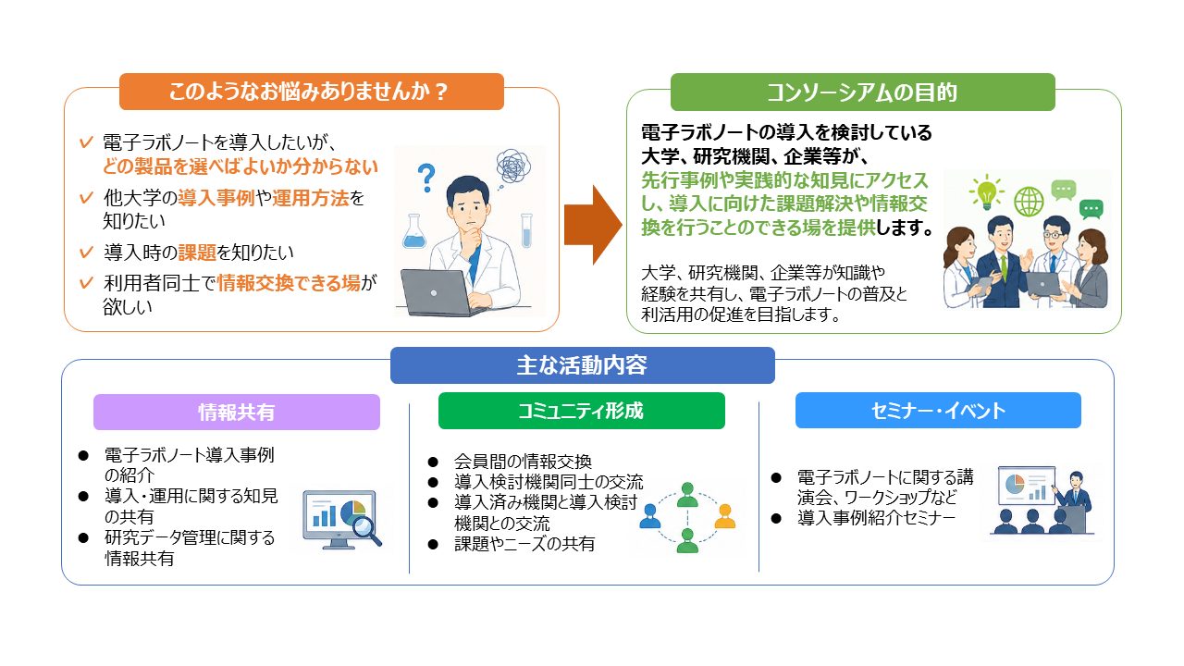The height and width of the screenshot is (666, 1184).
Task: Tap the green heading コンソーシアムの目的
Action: tap(863, 92)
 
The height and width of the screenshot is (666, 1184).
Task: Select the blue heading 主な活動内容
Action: tap(583, 365)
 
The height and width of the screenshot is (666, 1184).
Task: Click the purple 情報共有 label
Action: tap(237, 412)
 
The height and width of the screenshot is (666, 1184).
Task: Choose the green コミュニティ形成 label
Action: tap(582, 411)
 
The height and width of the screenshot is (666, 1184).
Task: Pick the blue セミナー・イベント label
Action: tap(938, 410)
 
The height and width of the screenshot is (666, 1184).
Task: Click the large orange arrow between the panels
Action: tap(593, 225)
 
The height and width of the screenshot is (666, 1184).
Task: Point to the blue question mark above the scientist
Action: tap(426, 178)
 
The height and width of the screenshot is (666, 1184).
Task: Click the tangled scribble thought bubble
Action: tap(513, 166)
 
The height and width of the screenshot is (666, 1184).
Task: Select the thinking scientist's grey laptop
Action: tap(438, 293)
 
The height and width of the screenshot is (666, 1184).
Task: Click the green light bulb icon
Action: tap(986, 191)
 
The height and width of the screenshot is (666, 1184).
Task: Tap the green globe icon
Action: tap(1029, 202)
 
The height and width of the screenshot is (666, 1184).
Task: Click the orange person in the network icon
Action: tap(724, 516)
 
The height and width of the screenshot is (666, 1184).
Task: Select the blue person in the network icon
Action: tap(649, 516)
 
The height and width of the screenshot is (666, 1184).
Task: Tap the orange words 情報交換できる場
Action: tap(289, 283)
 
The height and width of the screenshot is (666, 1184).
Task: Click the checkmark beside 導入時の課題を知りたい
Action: tap(86, 252)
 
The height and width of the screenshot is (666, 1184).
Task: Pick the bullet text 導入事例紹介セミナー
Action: tap(876, 518)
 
